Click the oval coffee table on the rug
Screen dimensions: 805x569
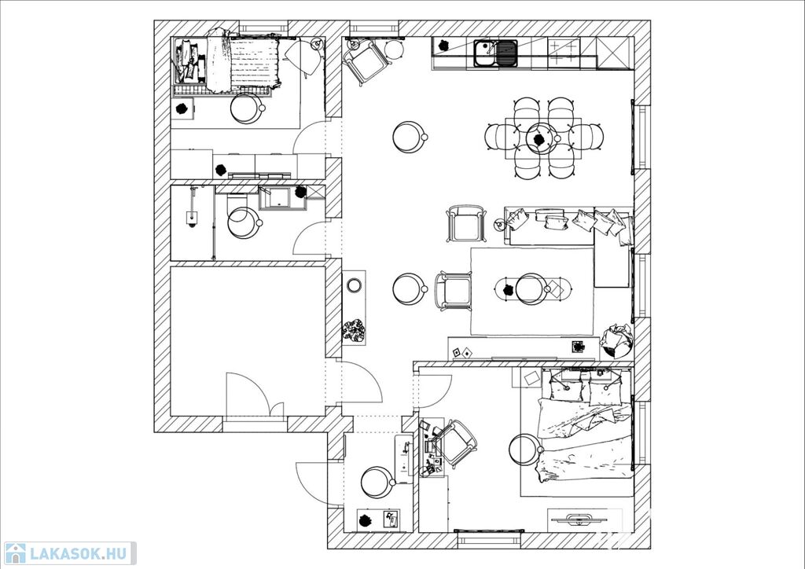(x=533, y=289)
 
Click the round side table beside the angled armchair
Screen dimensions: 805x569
(x=395, y=50)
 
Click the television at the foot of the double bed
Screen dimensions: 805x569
(x=578, y=519)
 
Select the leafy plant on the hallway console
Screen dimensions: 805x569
(x=353, y=330)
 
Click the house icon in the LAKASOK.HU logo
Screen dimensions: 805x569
(x=15, y=553)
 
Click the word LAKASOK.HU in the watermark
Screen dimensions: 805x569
(x=79, y=554)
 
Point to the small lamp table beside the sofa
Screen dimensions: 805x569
(x=499, y=224)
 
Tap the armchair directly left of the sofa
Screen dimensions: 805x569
(x=466, y=223)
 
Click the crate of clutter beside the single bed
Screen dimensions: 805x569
(x=189, y=61)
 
